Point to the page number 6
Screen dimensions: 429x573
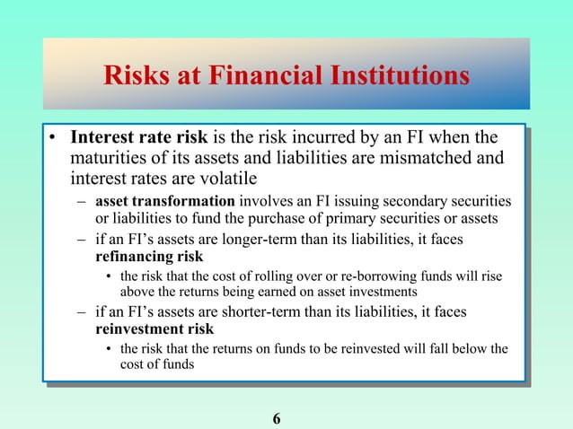pyautogui.click(x=277, y=418)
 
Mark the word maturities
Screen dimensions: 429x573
pyautogui.click(x=107, y=158)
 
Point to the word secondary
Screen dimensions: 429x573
pyautogui.click(x=402, y=200)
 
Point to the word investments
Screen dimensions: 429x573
pyautogui.click(x=383, y=292)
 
